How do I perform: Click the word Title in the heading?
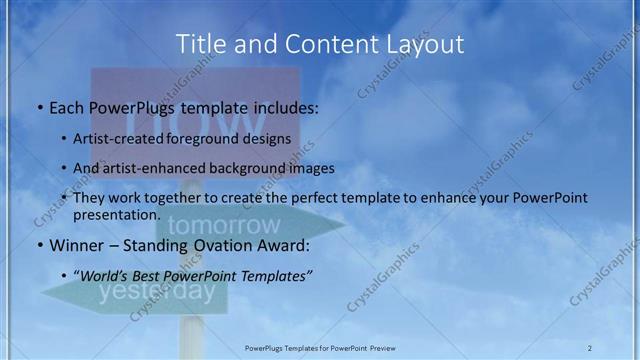coord(200,44)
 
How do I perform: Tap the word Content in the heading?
coord(324,44)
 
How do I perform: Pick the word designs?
coord(270,139)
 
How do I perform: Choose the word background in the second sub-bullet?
coord(253,168)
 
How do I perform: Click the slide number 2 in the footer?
coord(589,347)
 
